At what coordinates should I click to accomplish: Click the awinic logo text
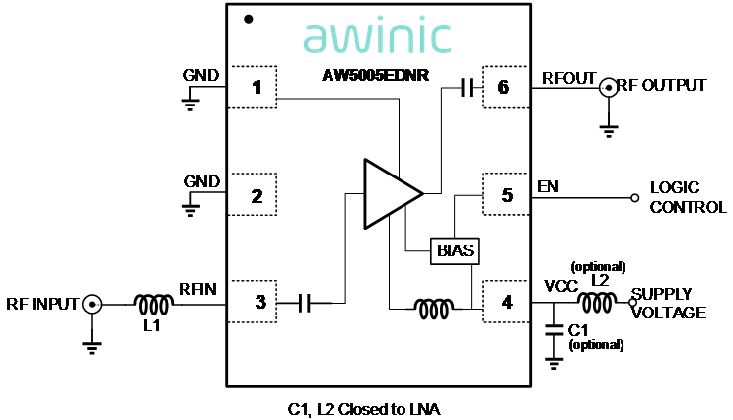(x=377, y=35)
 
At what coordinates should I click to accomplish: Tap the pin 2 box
(x=255, y=195)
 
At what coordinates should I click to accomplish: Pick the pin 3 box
(x=255, y=303)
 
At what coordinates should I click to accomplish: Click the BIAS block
(x=456, y=251)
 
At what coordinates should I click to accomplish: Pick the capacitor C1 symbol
(x=553, y=328)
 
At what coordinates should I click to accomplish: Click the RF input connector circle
(x=92, y=304)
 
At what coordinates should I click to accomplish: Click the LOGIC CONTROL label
(x=687, y=197)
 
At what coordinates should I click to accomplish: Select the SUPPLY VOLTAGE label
(x=673, y=304)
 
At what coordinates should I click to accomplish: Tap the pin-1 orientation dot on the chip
(x=249, y=18)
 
